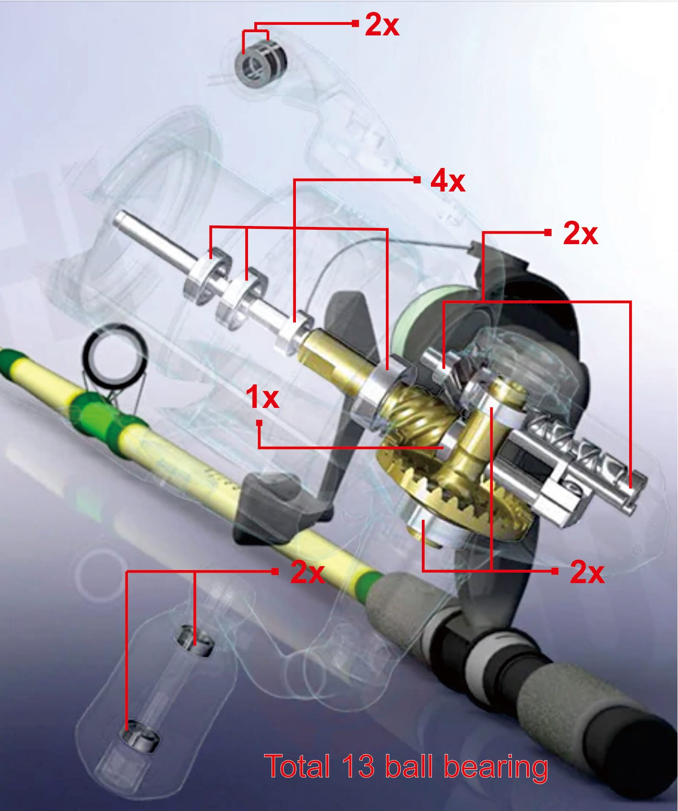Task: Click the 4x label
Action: [x=448, y=181]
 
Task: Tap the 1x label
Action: [x=262, y=397]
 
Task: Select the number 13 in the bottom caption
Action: [x=358, y=766]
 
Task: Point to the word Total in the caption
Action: [x=297, y=766]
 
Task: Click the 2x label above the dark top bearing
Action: [x=382, y=24]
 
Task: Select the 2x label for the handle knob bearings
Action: [x=308, y=572]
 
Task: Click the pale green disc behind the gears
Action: [x=421, y=316]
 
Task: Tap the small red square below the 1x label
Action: [x=259, y=423]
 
